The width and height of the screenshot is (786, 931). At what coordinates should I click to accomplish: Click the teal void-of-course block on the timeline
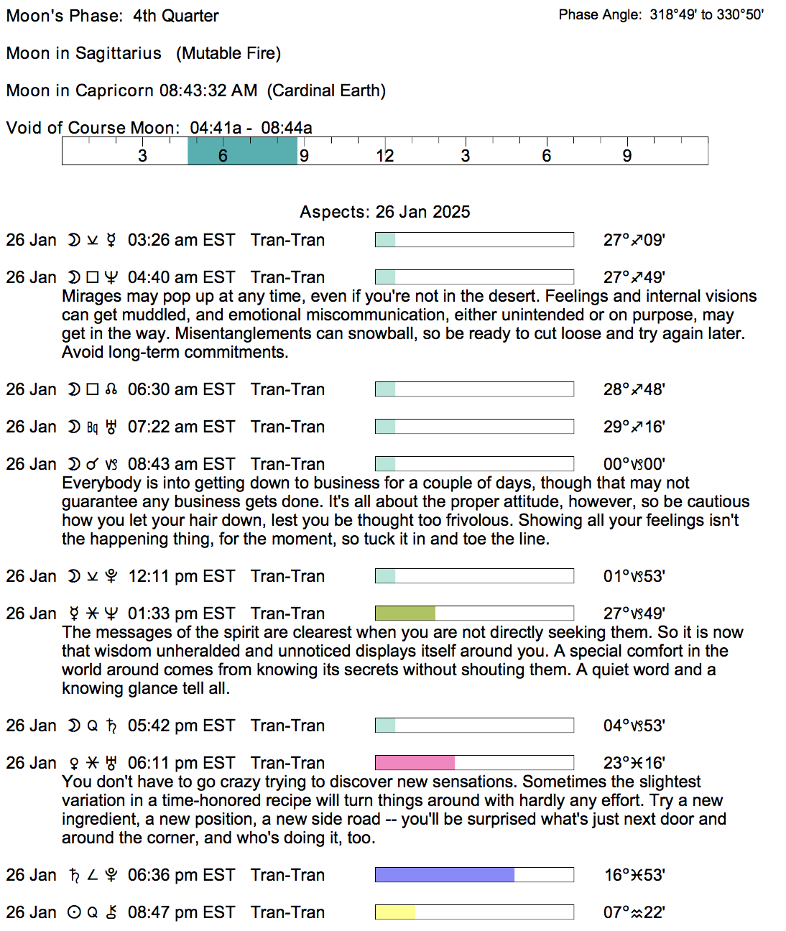242,151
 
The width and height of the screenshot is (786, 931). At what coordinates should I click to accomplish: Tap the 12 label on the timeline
385,156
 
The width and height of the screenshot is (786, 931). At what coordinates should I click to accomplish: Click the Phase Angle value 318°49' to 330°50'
706,14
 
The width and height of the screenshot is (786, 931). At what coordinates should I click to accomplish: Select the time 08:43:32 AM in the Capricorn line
208,91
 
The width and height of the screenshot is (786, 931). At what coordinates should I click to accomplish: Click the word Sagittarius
119,53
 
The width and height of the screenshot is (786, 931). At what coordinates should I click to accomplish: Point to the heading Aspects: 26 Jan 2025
385,212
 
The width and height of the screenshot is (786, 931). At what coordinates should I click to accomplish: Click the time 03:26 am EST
181,240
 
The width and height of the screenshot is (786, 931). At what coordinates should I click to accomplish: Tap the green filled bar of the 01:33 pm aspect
405,613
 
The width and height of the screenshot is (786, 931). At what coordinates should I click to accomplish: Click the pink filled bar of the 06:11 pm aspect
415,763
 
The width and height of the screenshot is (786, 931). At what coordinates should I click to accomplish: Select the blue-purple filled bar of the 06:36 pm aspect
445,875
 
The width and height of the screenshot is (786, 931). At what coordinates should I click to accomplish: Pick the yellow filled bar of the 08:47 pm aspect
395,912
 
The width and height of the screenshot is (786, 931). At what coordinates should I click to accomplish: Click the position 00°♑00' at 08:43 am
634,464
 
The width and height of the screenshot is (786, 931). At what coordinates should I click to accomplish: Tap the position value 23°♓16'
634,763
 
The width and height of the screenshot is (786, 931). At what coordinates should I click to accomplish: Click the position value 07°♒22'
634,912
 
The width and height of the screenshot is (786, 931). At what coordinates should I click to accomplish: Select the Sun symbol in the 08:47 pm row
74,912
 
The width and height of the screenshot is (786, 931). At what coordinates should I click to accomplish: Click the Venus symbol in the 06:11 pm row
74,763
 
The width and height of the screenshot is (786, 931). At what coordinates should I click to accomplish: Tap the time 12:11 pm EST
181,576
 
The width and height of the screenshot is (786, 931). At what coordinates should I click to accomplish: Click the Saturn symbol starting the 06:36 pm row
74,875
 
